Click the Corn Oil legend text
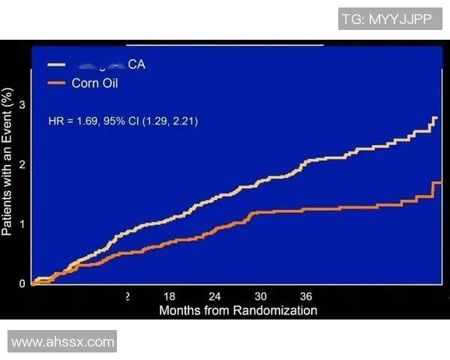pyautogui.click(x=94, y=82)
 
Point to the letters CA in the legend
pyautogui.click(x=136, y=64)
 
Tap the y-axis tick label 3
pyautogui.click(x=22, y=105)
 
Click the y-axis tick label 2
pyautogui.click(x=22, y=164)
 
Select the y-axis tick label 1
pyautogui.click(x=22, y=223)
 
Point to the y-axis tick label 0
pyautogui.click(x=22, y=283)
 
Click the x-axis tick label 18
pyautogui.click(x=170, y=296)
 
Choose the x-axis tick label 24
pyautogui.click(x=215, y=296)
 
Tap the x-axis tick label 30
pyautogui.click(x=260, y=296)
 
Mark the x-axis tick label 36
pyautogui.click(x=305, y=296)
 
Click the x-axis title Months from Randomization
pyautogui.click(x=238, y=310)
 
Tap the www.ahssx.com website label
pyautogui.click(x=63, y=342)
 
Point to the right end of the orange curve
pyautogui.click(x=439, y=183)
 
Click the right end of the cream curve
pyautogui.click(x=436, y=118)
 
